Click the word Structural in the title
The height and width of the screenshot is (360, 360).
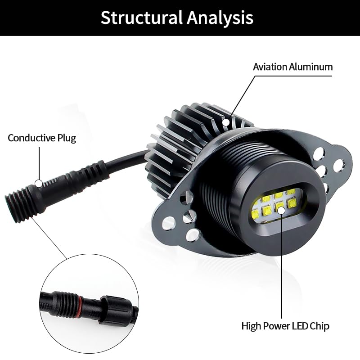(141, 18)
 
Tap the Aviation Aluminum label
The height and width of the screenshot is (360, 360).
(292, 67)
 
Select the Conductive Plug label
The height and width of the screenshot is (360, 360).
(42, 138)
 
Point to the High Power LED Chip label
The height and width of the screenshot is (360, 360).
(285, 325)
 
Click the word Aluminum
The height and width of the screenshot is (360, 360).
(311, 67)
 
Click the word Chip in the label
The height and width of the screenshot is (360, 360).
(319, 325)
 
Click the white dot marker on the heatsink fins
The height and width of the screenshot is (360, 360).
(225, 121)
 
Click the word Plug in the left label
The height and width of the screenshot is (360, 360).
(66, 138)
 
